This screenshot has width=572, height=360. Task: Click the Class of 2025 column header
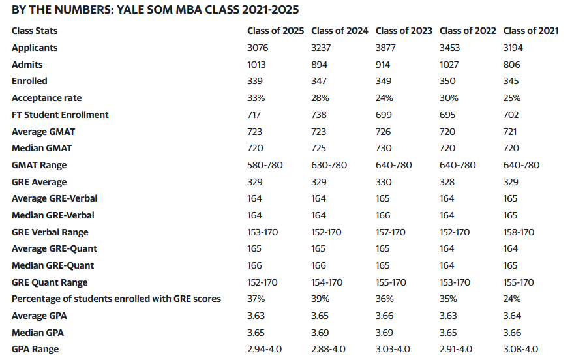click(x=275, y=31)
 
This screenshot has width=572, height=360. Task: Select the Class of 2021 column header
click(x=531, y=31)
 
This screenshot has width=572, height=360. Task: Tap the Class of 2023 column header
click(x=403, y=31)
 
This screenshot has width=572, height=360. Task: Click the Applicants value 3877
click(x=387, y=48)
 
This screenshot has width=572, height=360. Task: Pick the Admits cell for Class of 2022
click(x=449, y=65)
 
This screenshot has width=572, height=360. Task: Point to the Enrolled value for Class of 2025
click(x=255, y=81)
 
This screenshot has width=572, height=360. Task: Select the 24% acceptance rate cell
click(x=384, y=98)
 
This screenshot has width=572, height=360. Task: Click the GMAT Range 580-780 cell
click(x=265, y=165)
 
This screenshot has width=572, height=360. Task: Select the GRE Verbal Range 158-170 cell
click(x=519, y=232)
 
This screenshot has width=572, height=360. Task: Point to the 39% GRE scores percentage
click(x=320, y=299)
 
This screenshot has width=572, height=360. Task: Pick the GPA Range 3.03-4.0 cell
click(x=393, y=349)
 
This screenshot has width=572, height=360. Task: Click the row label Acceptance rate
click(x=47, y=98)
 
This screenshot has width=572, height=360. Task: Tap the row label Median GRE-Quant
click(x=53, y=265)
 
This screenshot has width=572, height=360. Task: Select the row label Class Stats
click(x=35, y=31)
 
